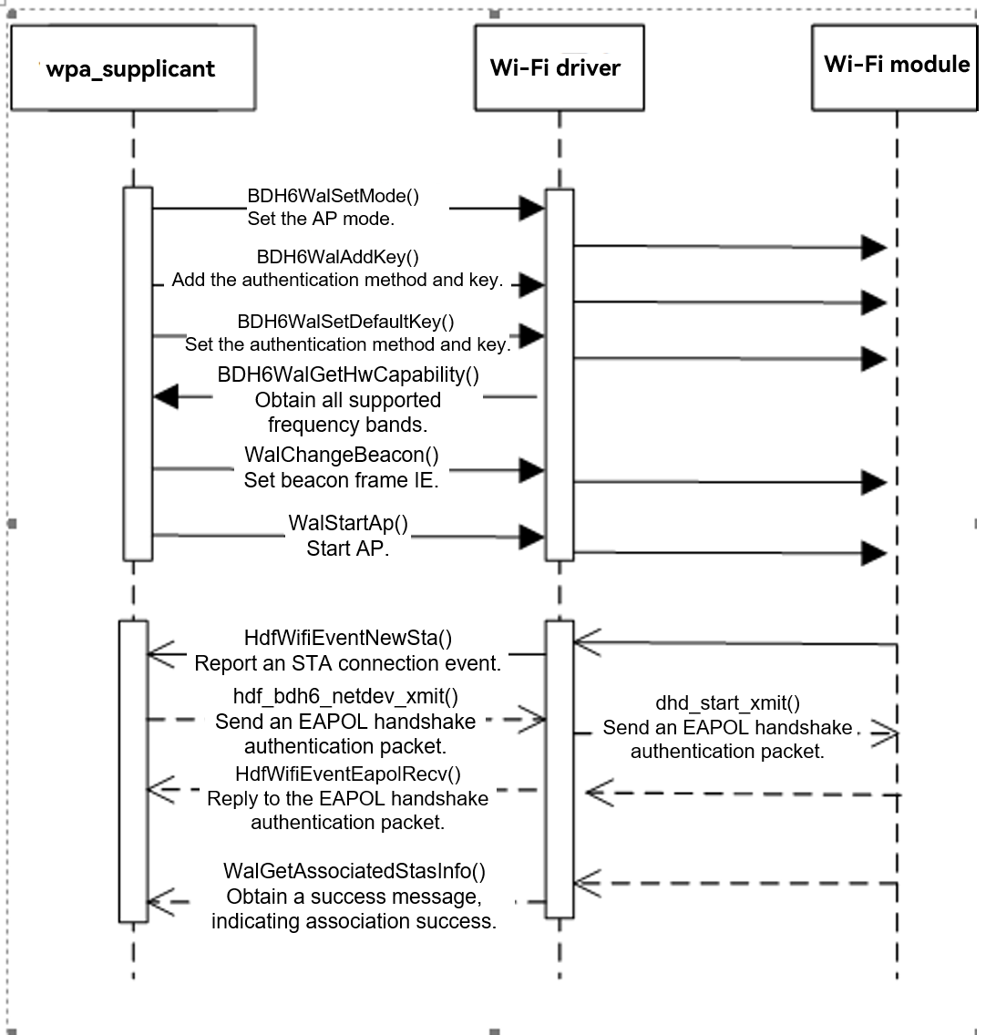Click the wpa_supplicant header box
132,67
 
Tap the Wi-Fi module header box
895,65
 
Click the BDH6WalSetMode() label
333,196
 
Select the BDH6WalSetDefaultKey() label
345,322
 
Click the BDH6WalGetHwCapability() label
348,374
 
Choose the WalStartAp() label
348,524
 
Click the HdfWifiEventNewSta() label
347,638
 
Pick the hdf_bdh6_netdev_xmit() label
345,698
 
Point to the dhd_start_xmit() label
727,703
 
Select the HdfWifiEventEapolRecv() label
347,775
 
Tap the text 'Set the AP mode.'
321,220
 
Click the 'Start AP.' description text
347,548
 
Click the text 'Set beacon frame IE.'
341,480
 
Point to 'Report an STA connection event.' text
347,663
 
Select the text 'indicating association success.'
354,921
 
